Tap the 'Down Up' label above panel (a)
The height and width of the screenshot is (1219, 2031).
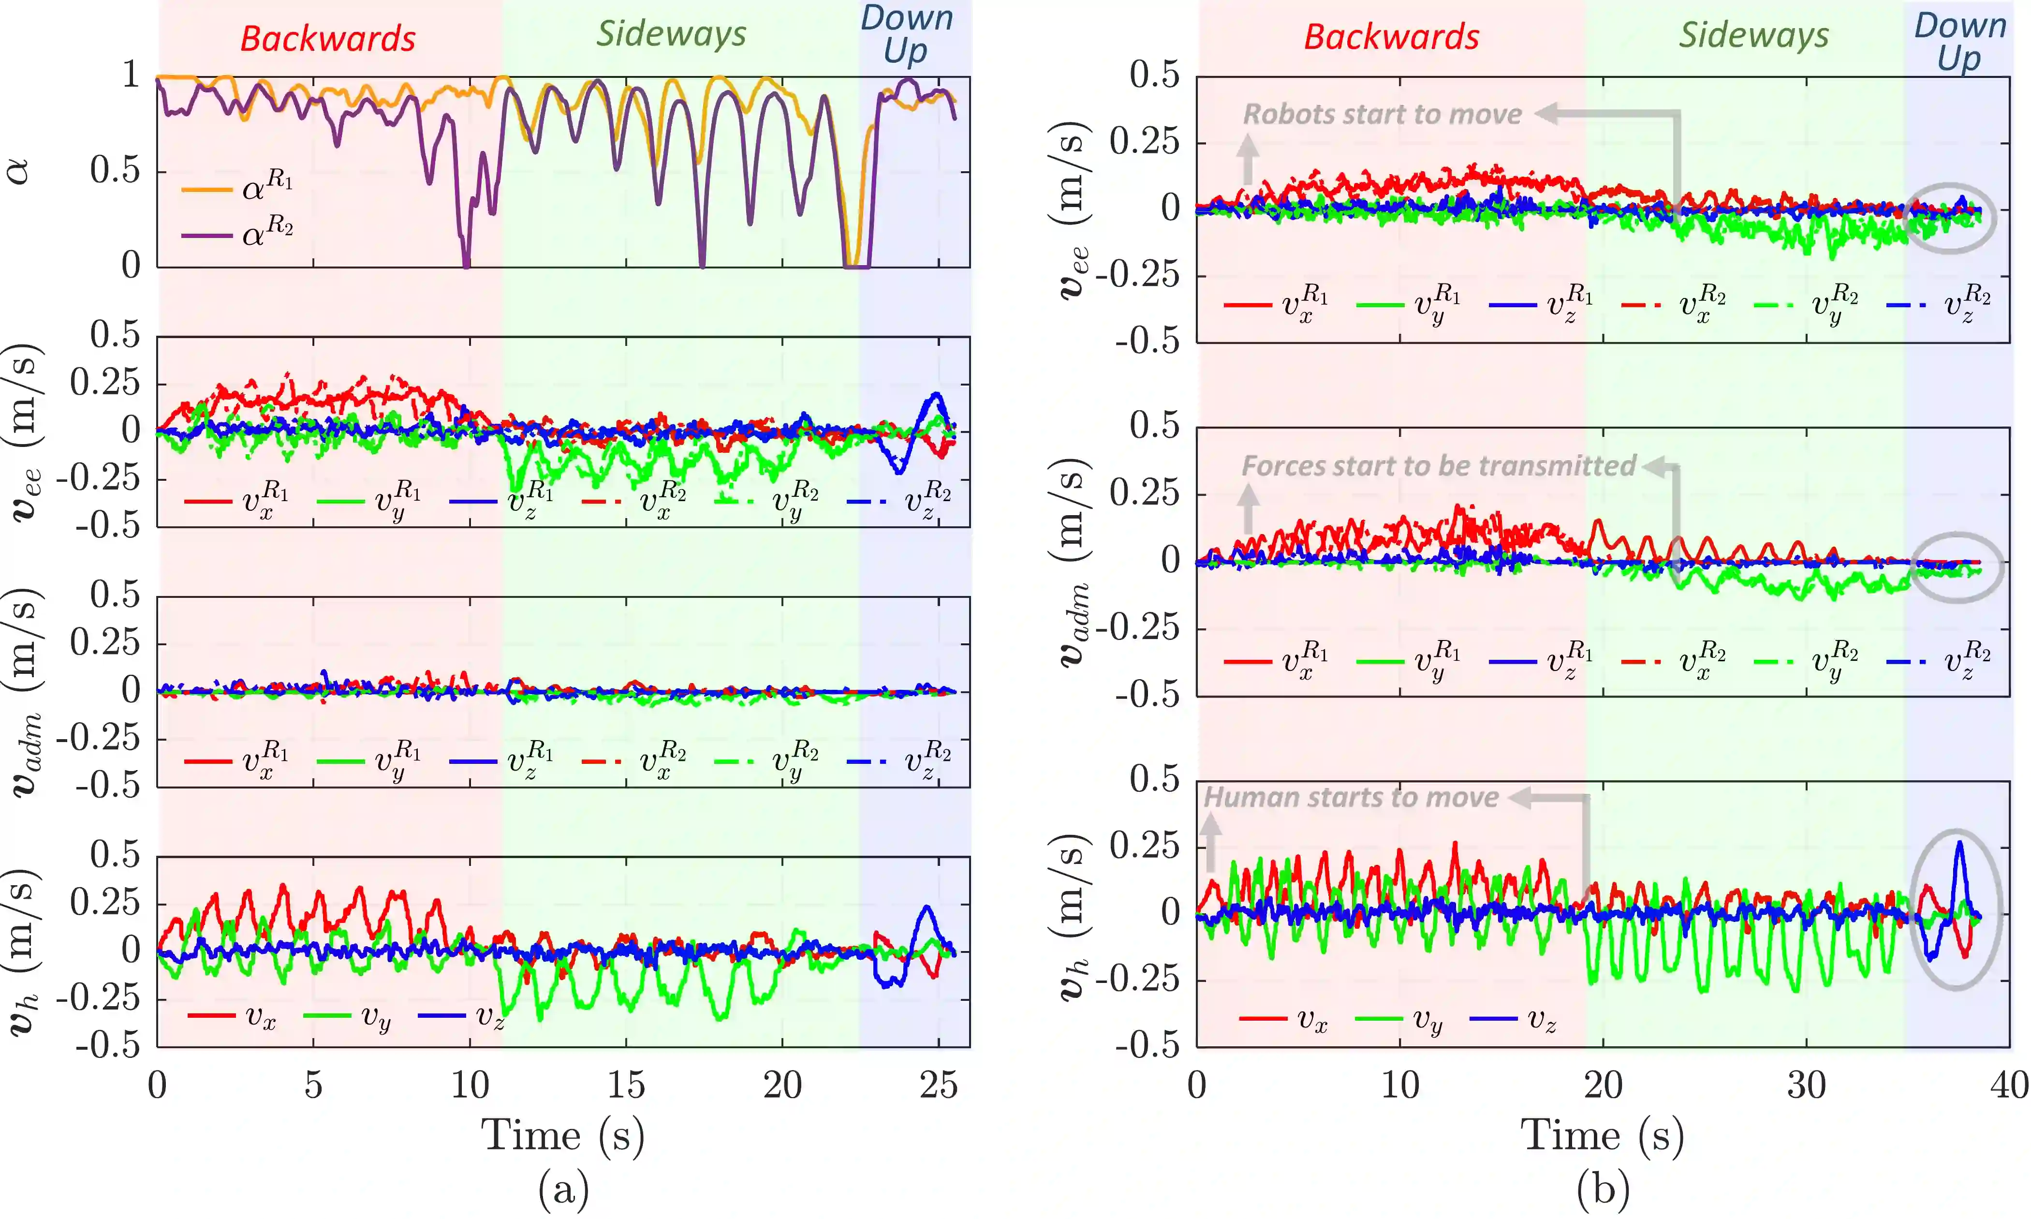906,34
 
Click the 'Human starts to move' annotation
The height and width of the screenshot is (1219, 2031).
1351,798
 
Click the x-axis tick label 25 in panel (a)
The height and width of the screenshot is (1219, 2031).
938,1086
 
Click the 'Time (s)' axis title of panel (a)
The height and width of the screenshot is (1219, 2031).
563,1136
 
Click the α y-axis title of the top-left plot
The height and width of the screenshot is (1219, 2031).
18,171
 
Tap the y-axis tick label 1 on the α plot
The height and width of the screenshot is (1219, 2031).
131,75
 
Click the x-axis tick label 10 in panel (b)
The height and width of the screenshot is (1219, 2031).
1400,1086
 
